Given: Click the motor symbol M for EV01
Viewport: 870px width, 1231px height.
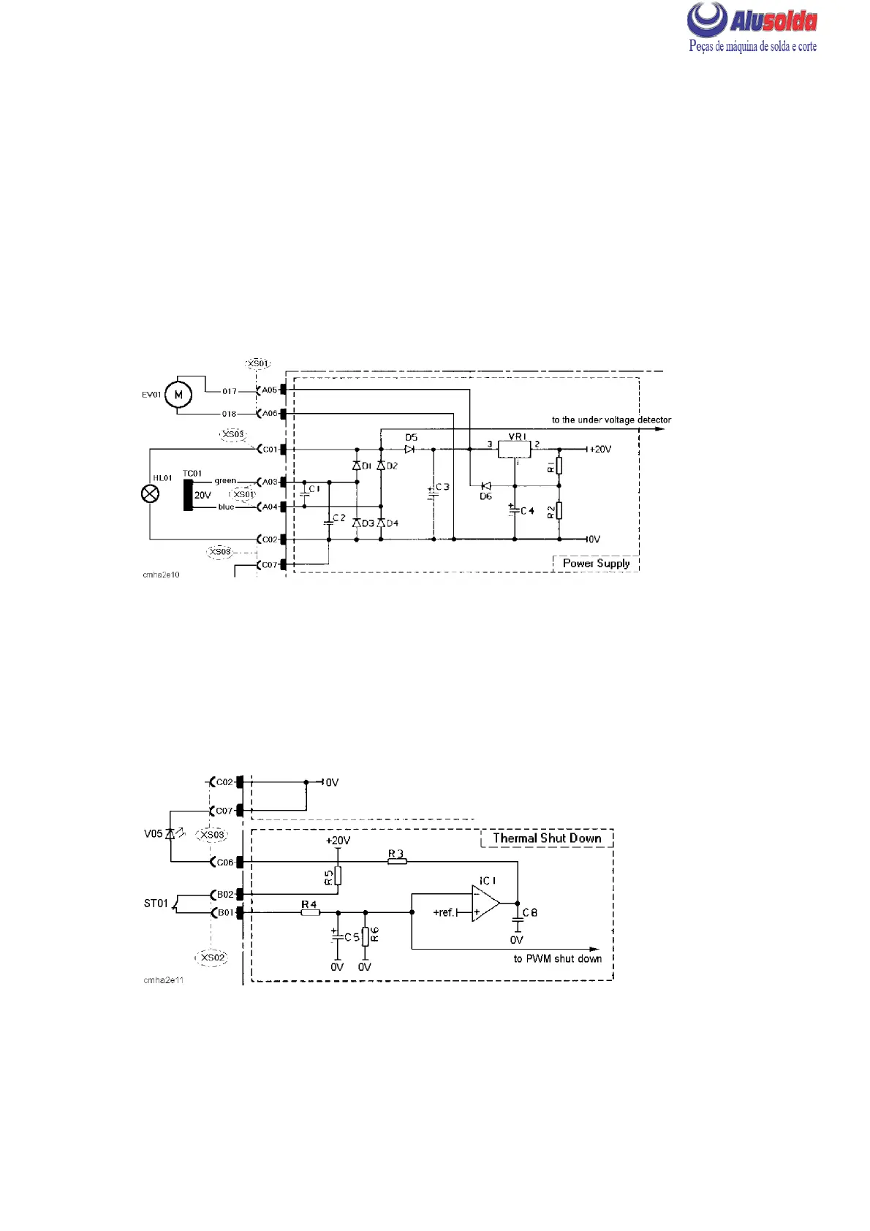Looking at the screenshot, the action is point(178,395).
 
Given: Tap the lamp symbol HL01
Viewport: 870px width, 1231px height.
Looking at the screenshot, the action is point(150,495).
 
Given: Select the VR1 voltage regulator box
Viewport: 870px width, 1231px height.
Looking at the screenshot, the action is point(515,449).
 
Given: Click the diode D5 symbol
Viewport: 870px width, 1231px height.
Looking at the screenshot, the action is point(409,449).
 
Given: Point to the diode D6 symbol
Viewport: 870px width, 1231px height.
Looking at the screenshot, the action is point(485,485).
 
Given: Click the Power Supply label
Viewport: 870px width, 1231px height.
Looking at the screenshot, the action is point(596,564).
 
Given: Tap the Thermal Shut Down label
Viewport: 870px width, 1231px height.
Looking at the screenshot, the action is point(547,838).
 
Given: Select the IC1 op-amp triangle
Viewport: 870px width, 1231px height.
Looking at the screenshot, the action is point(485,904).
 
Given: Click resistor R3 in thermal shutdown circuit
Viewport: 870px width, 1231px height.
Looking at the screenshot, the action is point(396,862).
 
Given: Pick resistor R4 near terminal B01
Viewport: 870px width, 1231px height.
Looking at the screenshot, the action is point(309,912).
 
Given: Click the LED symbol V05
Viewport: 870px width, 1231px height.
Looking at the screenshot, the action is point(170,833).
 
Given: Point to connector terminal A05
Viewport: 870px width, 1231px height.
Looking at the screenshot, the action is point(270,390).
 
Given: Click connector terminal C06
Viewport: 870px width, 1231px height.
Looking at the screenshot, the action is point(224,863).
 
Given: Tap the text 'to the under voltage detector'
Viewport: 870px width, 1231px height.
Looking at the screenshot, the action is point(611,420).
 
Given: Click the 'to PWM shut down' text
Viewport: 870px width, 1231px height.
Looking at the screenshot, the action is point(557,958).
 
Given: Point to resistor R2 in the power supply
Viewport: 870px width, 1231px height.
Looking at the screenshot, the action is point(559,510).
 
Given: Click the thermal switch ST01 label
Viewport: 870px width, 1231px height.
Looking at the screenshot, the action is point(156,904).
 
